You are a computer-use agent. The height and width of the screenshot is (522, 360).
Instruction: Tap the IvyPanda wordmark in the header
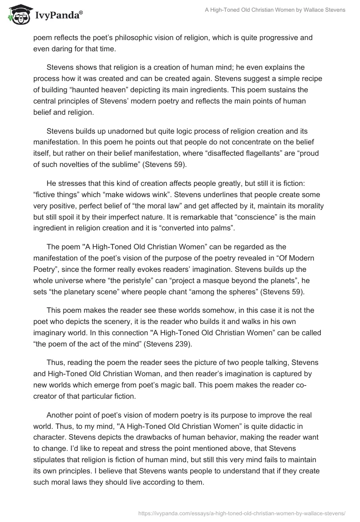(x=58, y=15)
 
